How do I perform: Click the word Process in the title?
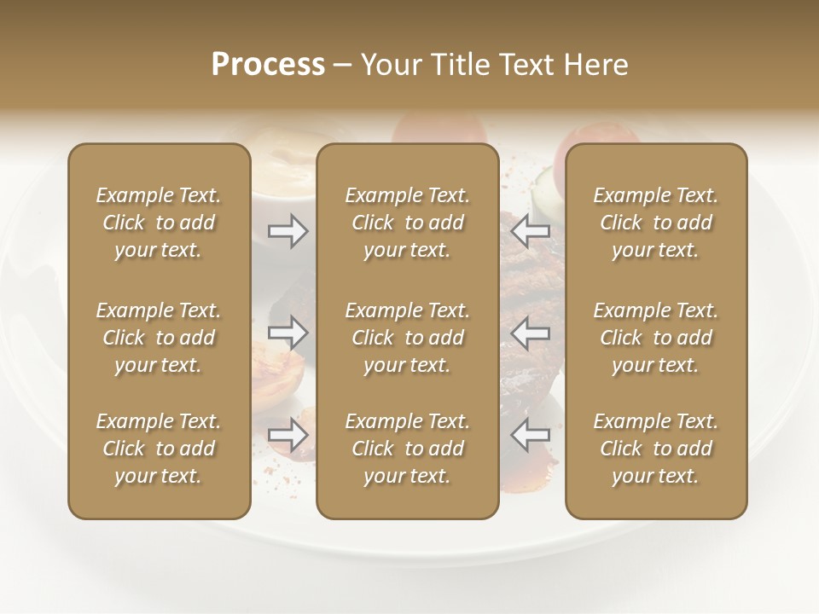(268, 65)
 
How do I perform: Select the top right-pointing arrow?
(288, 231)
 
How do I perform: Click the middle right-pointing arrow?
(288, 333)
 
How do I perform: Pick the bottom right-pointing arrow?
(288, 435)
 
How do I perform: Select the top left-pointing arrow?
(531, 231)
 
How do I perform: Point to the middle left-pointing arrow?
(531, 333)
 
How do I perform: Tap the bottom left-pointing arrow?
(531, 435)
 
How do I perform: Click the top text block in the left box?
(159, 223)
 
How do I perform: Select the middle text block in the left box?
(159, 338)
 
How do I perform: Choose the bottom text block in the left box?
(159, 449)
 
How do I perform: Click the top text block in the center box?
(408, 223)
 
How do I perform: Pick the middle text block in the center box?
(408, 338)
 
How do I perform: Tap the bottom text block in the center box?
(408, 449)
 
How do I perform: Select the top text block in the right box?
(656, 223)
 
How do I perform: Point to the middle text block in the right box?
(656, 338)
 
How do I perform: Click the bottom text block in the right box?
(656, 449)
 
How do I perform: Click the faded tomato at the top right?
(561, 153)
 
